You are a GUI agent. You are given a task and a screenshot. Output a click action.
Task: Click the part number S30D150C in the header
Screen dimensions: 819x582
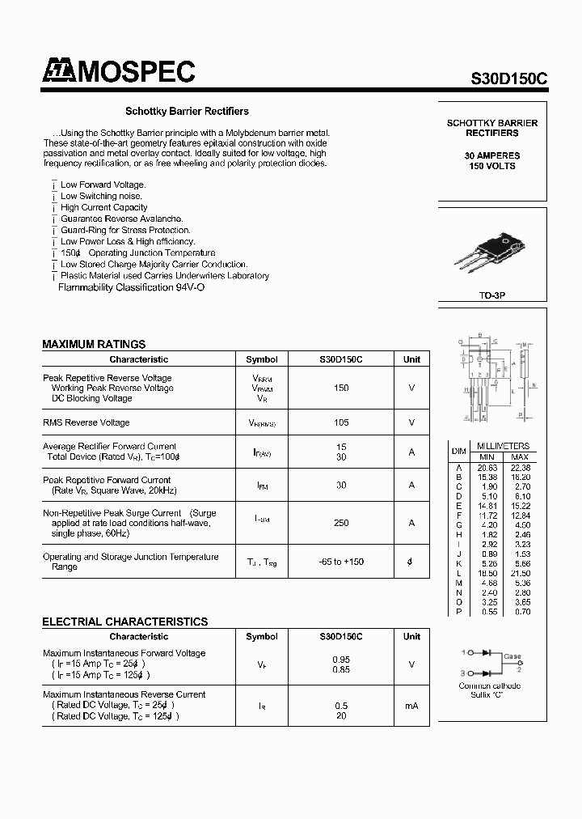coord(509,79)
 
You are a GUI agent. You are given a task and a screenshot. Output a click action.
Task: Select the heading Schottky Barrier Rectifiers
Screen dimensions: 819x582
coord(186,112)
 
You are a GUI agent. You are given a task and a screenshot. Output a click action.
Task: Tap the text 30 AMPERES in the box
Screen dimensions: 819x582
coord(492,155)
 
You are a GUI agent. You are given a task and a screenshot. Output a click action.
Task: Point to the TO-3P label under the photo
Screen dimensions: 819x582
coord(491,297)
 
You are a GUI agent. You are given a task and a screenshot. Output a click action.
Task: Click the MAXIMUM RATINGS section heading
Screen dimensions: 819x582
coord(94,344)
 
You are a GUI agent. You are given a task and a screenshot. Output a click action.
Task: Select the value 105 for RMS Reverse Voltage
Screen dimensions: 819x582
coord(341,422)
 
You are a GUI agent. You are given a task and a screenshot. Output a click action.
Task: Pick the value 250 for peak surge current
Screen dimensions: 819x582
coord(341,523)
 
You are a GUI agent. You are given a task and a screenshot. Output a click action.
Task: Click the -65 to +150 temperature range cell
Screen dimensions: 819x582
coord(341,562)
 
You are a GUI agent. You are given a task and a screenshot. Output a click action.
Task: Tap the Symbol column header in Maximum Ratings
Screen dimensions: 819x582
coord(261,359)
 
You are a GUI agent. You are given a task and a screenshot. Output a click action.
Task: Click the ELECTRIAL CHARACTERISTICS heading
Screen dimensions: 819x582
coord(124,622)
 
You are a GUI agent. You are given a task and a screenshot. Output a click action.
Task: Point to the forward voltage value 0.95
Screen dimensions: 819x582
coord(341,659)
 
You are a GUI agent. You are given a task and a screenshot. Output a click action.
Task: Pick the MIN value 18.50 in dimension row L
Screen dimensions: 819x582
coord(485,572)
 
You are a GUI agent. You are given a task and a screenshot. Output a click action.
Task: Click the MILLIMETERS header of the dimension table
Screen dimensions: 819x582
coord(503,446)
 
